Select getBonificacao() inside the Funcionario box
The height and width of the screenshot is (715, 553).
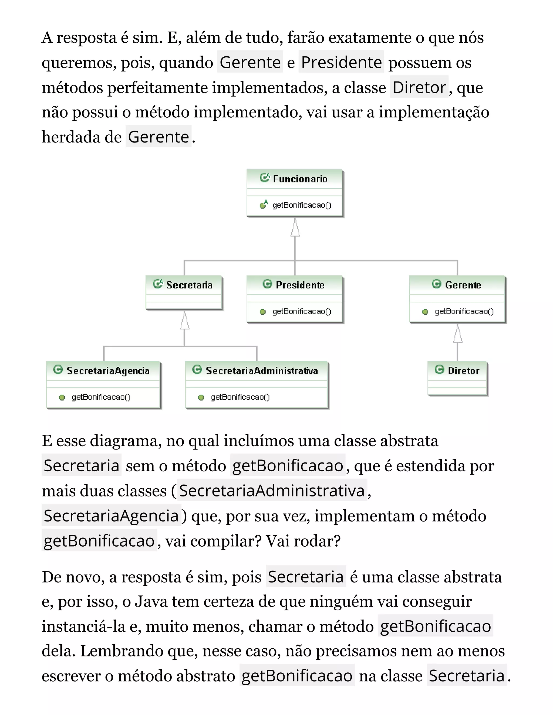coord(301,205)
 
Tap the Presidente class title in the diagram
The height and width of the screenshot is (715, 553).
coord(300,285)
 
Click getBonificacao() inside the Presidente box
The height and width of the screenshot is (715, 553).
coord(301,311)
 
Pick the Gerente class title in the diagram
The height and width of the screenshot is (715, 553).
coord(463,285)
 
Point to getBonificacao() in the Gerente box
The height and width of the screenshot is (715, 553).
coord(464,311)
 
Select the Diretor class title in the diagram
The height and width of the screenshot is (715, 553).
coord(463,371)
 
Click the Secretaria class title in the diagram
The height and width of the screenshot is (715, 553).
coord(189,285)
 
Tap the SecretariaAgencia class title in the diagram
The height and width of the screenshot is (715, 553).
coord(108,371)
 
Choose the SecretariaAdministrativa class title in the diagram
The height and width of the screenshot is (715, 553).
coord(261,371)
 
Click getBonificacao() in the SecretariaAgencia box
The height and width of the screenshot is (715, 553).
coord(101,397)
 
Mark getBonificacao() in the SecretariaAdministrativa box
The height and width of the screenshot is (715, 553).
coord(240,397)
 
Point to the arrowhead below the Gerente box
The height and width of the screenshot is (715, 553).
coord(458,334)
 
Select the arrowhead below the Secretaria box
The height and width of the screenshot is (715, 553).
coord(184,321)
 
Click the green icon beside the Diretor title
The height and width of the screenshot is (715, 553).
coord(439,370)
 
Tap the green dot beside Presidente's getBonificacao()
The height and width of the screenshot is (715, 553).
coord(262,312)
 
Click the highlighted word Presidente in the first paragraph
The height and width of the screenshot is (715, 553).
coord(341,62)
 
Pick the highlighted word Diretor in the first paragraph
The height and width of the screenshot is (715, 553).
coord(419,87)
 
